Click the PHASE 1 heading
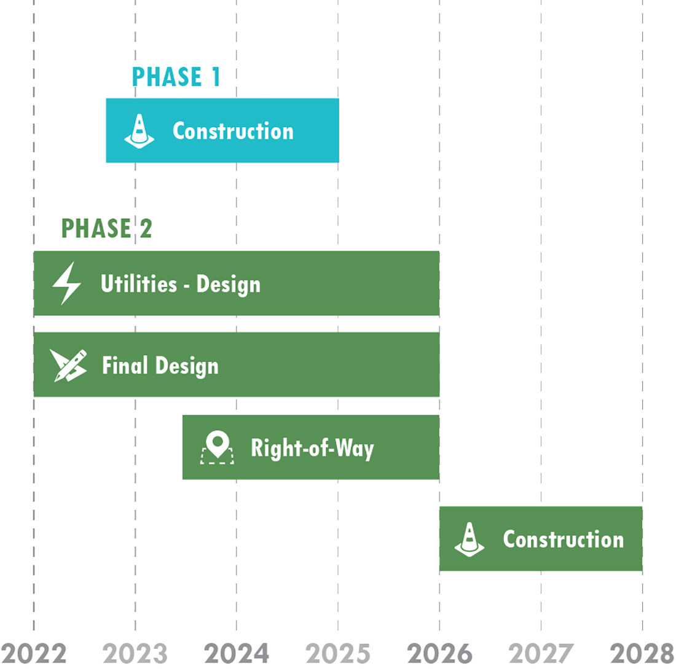tap(176, 77)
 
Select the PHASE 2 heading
tap(106, 228)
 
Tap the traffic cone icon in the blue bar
tap(140, 131)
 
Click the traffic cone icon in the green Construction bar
tap(470, 539)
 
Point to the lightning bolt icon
tap(66, 283)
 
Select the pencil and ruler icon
tap(69, 365)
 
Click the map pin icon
tap(218, 447)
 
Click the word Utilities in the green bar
tap(139, 284)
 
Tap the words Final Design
tap(160, 366)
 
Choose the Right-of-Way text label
tap(312, 448)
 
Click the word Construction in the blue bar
tap(233, 131)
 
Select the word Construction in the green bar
tap(563, 539)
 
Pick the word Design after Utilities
tap(229, 284)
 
